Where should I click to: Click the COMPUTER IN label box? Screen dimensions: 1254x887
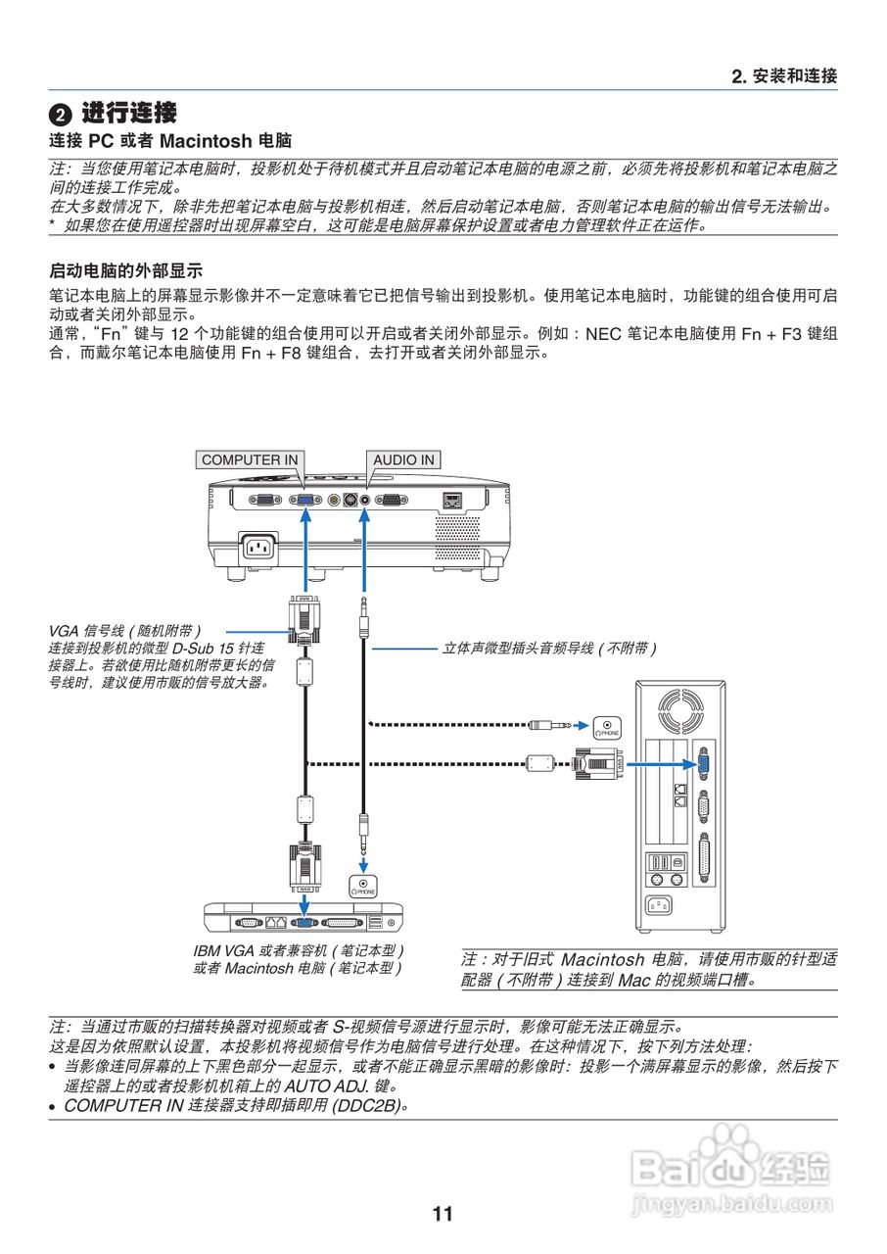(x=250, y=459)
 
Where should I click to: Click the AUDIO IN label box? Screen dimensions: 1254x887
(x=403, y=459)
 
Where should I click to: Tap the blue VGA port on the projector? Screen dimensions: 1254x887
(x=304, y=500)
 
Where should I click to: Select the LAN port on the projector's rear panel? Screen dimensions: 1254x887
(x=452, y=500)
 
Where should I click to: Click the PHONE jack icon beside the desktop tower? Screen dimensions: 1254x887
(x=608, y=726)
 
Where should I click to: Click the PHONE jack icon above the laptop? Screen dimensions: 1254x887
(x=363, y=886)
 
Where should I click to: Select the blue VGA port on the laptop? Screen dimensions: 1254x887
(x=304, y=922)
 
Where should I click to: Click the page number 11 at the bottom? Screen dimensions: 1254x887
(x=443, y=1214)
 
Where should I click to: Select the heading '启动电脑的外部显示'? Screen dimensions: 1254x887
(x=125, y=269)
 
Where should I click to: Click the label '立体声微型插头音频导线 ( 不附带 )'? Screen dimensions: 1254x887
(x=548, y=648)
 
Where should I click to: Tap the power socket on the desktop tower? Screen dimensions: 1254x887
(x=663, y=905)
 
